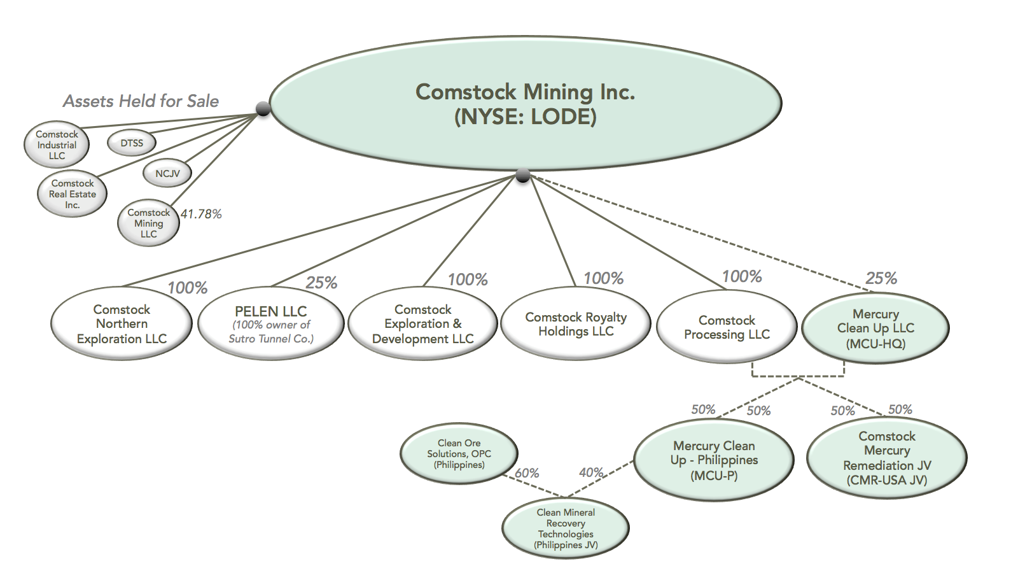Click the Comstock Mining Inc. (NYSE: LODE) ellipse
pyautogui.click(x=525, y=104)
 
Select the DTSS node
pyautogui.click(x=132, y=143)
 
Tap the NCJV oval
pyautogui.click(x=167, y=173)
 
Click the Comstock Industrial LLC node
pyautogui.click(x=57, y=145)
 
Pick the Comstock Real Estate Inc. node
pyautogui.click(x=73, y=194)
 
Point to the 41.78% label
pyautogui.click(x=201, y=215)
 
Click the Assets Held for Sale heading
pyautogui.click(x=141, y=101)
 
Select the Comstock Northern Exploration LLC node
pyautogui.click(x=122, y=324)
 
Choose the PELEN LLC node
pyautogui.click(x=271, y=324)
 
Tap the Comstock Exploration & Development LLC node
pyautogui.click(x=422, y=324)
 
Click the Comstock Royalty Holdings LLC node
pyautogui.click(x=576, y=324)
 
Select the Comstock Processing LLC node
pyautogui.click(x=727, y=327)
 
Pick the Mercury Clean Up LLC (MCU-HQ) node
pyautogui.click(x=875, y=329)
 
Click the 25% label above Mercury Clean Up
pyautogui.click(x=881, y=278)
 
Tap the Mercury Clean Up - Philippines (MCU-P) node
pyautogui.click(x=714, y=460)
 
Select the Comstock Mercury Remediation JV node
pyautogui.click(x=887, y=458)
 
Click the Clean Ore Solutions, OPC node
pyautogui.click(x=459, y=454)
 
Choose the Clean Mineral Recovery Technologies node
pyautogui.click(x=566, y=528)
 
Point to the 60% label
pyautogui.click(x=527, y=473)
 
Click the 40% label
pyautogui.click(x=591, y=472)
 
